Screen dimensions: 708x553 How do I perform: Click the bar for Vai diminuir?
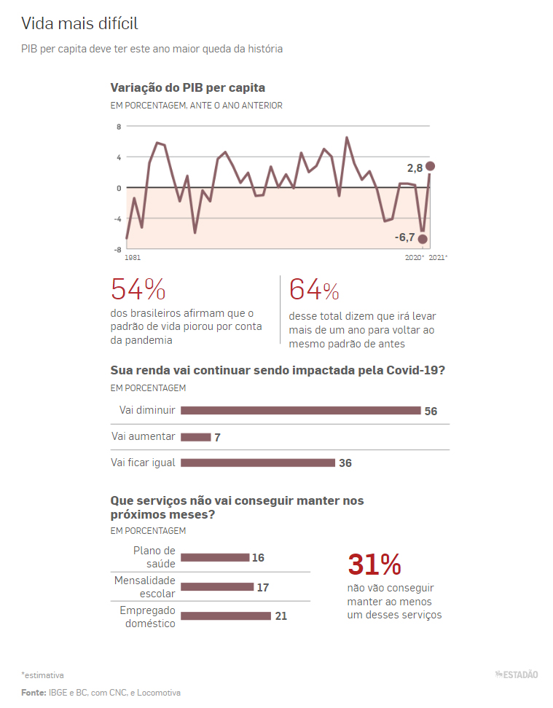pyautogui.click(x=300, y=411)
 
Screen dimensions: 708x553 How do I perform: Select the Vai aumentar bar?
pyautogui.click(x=195, y=437)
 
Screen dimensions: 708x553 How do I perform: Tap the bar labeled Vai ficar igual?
pyautogui.click(x=257, y=463)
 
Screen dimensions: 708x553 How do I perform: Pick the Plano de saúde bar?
pyautogui.click(x=214, y=558)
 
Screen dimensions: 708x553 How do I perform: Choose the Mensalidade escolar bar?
pyautogui.click(x=216, y=587)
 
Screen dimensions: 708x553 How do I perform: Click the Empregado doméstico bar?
pyautogui.click(x=225, y=616)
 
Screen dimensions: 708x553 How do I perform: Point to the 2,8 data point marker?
pyautogui.click(x=431, y=166)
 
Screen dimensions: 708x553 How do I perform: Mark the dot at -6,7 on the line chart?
pyautogui.click(x=423, y=239)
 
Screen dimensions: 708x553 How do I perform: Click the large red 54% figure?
pyautogui.click(x=138, y=290)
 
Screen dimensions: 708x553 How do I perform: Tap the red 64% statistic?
pyautogui.click(x=314, y=290)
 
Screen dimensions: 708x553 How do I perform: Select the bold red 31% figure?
pyautogui.click(x=374, y=565)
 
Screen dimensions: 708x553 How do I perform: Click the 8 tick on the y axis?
pyautogui.click(x=119, y=126)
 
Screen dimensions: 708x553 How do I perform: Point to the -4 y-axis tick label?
pyautogui.click(x=117, y=219)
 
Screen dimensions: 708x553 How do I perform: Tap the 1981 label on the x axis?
pyautogui.click(x=133, y=258)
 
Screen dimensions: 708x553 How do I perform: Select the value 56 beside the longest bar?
pyautogui.click(x=431, y=412)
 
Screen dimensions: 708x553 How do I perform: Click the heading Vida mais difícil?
pyautogui.click(x=79, y=24)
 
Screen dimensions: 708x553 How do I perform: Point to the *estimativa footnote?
pyautogui.click(x=42, y=675)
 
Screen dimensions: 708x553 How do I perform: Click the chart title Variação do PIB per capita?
pyautogui.click(x=187, y=87)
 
